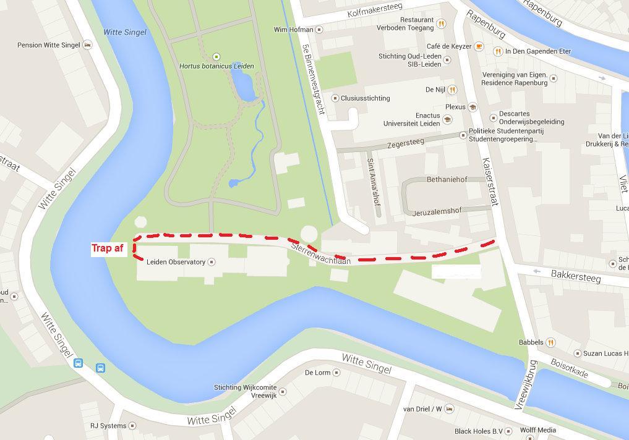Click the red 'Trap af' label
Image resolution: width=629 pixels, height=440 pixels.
coord(109,248)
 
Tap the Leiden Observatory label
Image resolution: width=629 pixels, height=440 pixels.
coord(176,262)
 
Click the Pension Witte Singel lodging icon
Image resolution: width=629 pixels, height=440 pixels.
coord(87,45)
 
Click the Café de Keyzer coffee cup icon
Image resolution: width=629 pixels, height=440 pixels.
coord(479,46)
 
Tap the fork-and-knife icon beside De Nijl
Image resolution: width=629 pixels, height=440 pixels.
coord(452,90)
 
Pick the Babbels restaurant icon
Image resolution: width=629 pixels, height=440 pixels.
coord(550,342)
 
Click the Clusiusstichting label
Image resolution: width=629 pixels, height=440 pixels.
coord(365,98)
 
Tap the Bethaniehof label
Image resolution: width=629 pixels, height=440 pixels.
coord(447,180)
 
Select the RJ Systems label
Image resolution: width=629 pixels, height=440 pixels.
coord(108,425)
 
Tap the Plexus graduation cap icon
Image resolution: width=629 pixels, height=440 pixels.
coord(473,107)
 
